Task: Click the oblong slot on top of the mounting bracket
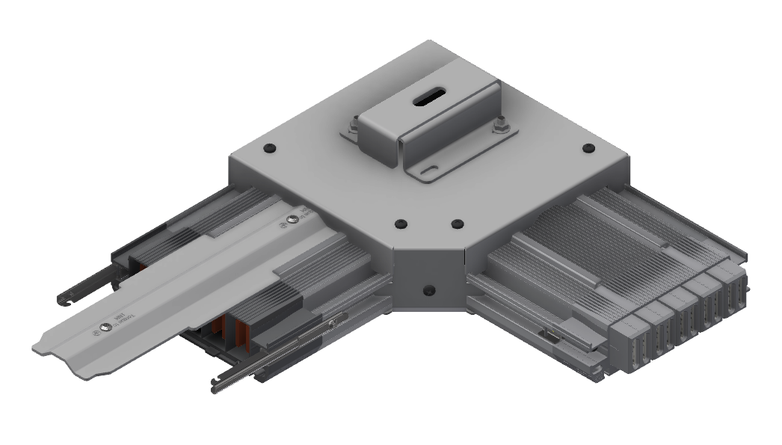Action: (x=428, y=98)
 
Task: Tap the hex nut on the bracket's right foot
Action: (x=499, y=128)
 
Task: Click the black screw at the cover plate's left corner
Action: (x=268, y=149)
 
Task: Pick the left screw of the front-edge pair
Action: (x=401, y=223)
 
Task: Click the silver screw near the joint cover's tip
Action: (x=106, y=327)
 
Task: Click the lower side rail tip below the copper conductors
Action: (x=217, y=384)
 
